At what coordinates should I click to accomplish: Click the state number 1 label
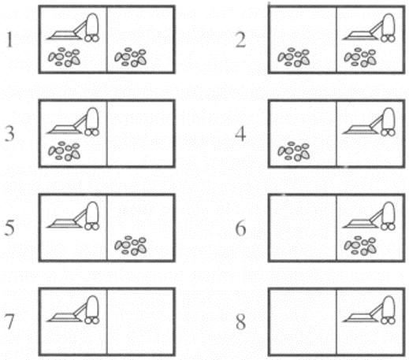pyautogui.click(x=9, y=39)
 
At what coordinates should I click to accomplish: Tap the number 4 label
pyautogui.click(x=240, y=134)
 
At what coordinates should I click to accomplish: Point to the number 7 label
pyautogui.click(x=9, y=321)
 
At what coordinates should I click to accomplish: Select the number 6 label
pyautogui.click(x=240, y=228)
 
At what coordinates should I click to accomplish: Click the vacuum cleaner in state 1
pyautogui.click(x=73, y=28)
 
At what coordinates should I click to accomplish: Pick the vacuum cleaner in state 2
pyautogui.click(x=369, y=28)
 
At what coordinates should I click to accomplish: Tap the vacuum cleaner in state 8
pyautogui.click(x=369, y=310)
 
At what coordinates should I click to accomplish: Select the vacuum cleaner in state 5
pyautogui.click(x=73, y=216)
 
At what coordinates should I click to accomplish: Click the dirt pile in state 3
pyautogui.click(x=64, y=151)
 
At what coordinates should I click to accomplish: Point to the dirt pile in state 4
pyautogui.click(x=294, y=151)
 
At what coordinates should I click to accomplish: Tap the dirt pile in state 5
pyautogui.click(x=131, y=246)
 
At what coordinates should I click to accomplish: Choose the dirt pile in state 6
pyautogui.click(x=360, y=246)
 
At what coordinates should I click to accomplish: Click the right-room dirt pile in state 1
pyautogui.click(x=131, y=57)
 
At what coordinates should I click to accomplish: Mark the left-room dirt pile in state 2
pyautogui.click(x=294, y=57)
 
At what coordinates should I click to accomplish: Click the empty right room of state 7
pyautogui.click(x=140, y=322)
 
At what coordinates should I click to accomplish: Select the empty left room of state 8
pyautogui.click(x=303, y=322)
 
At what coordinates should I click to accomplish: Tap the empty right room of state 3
pyautogui.click(x=140, y=133)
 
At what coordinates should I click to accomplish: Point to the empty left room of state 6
pyautogui.click(x=303, y=228)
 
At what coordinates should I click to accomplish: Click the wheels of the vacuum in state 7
pyautogui.click(x=91, y=321)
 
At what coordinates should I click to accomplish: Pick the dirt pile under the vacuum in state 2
pyautogui.click(x=360, y=57)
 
